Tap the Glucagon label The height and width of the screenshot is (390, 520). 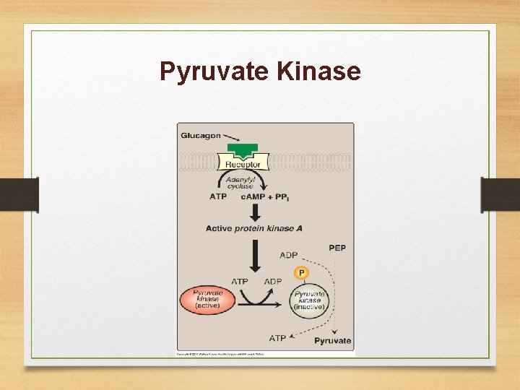click(x=201, y=136)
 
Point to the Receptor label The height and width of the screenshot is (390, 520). click(x=243, y=165)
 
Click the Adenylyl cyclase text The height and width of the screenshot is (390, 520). click(x=239, y=182)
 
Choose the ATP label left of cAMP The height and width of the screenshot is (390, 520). click(x=218, y=196)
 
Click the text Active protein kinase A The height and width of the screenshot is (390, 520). click(x=253, y=229)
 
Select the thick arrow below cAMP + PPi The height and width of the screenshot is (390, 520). click(x=254, y=212)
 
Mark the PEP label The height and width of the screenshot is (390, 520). click(x=337, y=248)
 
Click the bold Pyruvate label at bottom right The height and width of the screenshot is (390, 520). click(x=333, y=340)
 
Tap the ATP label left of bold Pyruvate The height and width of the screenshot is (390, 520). click(x=277, y=337)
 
